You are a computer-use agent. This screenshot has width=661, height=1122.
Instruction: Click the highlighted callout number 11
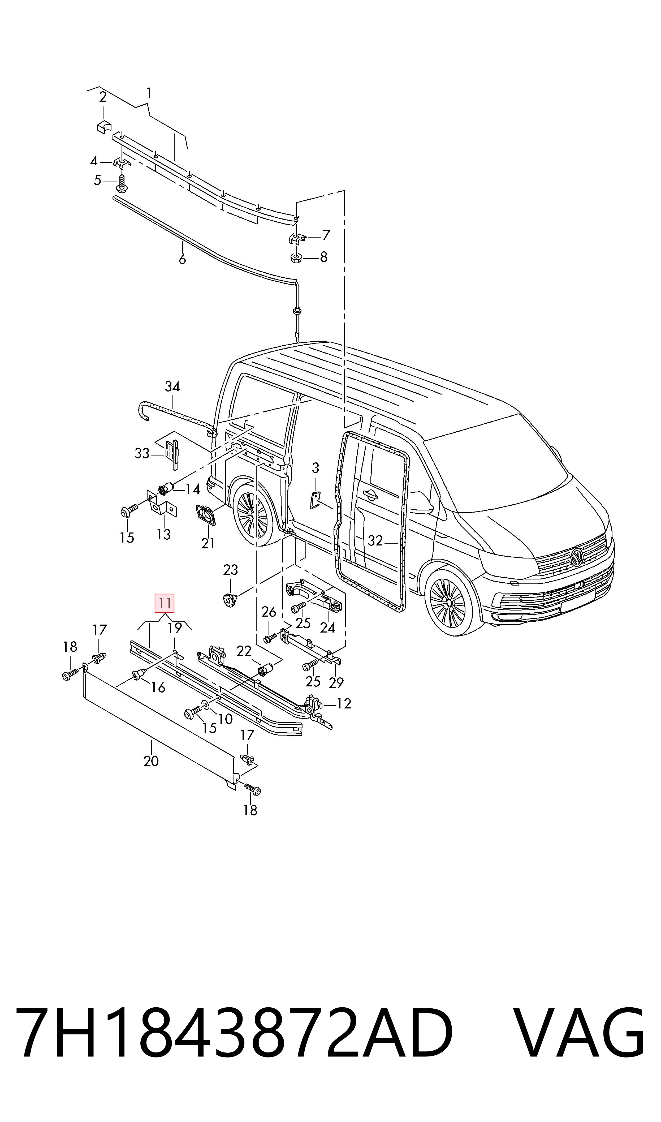[164, 604]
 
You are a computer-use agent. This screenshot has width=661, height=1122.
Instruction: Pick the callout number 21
[208, 543]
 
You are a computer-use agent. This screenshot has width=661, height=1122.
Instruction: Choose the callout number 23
[231, 570]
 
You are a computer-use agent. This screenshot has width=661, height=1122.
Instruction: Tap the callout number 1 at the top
[149, 93]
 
